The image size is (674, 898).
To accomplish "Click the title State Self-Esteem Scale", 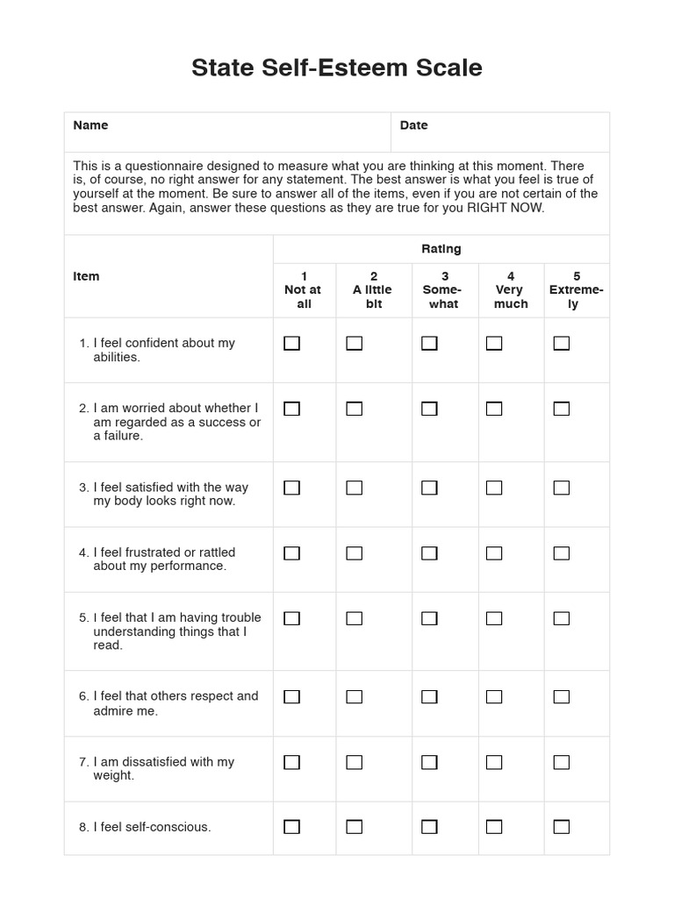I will pos(337,68).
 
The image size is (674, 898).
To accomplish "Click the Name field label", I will pos(90,125).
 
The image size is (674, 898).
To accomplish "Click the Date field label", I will pos(413,125).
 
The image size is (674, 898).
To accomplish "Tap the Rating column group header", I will pos(441,249).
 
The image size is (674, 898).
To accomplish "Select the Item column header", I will pos(86,276).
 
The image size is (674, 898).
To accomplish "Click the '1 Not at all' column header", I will pos(304,290).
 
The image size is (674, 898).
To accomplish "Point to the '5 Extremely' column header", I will pos(576,290).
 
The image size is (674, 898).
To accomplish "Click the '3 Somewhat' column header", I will pos(445,290).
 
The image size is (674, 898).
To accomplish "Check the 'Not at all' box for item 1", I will pos(291,344).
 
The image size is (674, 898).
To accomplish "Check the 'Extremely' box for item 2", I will pos(561,409).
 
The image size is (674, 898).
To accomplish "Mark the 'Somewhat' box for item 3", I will pos(429,488).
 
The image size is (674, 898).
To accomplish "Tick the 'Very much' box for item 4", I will pos(494,553).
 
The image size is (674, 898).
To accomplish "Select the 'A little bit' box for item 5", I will pos(354,618).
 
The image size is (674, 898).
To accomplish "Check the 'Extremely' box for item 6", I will pos(561,697).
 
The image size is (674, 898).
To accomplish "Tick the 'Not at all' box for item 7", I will pos(291,762).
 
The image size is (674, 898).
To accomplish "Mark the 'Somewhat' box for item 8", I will pos(429,827).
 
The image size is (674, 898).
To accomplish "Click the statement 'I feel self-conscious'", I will pos(152,827).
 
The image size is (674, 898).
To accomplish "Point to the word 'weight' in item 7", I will pos(112,775).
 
